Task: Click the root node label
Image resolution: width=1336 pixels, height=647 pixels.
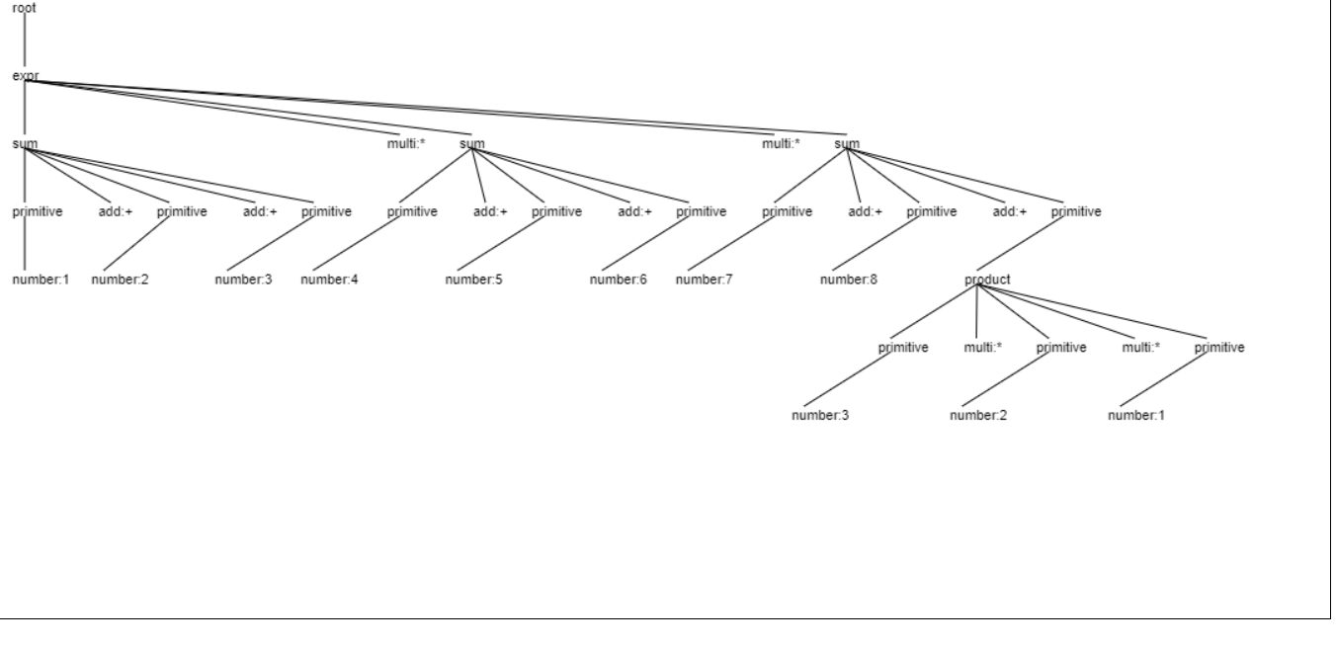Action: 24,8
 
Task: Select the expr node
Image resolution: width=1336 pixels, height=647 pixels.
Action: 26,76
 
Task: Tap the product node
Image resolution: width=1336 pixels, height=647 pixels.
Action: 987,280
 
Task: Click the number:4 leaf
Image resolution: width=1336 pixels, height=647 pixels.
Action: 329,280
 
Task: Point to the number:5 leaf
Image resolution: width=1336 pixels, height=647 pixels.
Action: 473,280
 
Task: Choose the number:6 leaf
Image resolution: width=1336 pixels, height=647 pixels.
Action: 618,280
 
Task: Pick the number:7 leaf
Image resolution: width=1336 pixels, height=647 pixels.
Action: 704,280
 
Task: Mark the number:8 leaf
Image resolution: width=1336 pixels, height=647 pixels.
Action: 848,280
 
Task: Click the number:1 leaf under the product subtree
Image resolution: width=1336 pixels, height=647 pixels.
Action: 1136,415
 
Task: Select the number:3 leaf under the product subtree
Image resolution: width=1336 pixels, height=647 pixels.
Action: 820,415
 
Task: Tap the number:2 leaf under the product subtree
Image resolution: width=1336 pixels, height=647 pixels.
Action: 978,415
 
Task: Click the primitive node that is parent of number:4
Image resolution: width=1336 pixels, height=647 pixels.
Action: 412,211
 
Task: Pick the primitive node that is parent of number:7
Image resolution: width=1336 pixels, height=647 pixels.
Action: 787,211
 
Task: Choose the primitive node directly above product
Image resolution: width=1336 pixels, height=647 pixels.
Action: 1076,211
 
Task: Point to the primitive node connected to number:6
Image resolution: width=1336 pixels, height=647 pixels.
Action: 701,211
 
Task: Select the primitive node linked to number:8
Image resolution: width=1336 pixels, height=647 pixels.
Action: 931,211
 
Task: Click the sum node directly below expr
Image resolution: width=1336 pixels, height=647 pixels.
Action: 25,143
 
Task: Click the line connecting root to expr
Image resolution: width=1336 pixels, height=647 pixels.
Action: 25,40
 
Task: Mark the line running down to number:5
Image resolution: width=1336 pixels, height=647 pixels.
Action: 500,243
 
